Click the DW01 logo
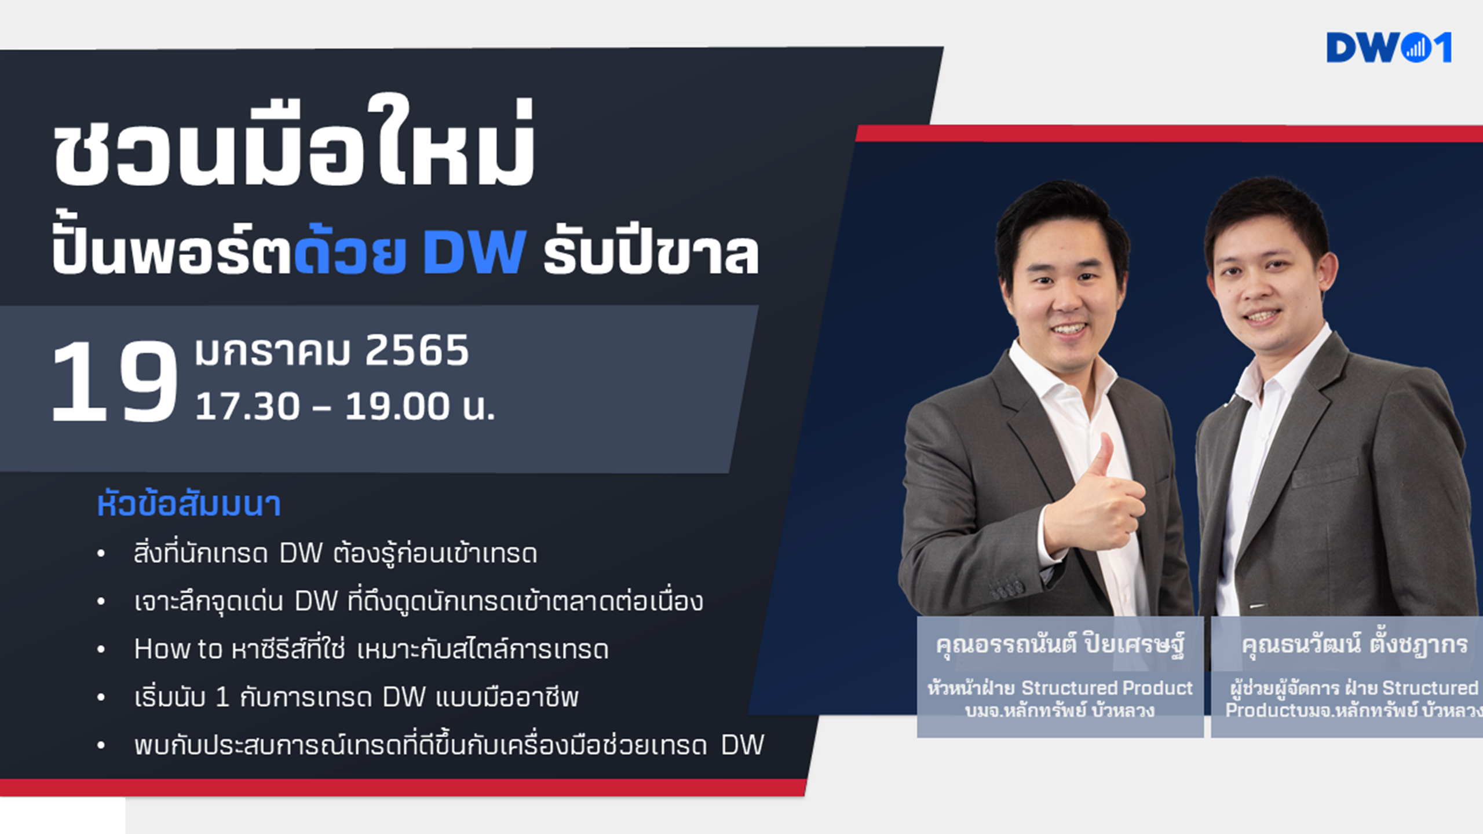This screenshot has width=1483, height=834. (1389, 47)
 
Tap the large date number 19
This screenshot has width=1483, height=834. (115, 382)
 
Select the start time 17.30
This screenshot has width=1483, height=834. (248, 407)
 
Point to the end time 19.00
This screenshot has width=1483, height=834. (397, 407)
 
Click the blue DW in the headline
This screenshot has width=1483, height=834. (474, 252)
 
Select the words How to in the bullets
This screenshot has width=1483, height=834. (178, 649)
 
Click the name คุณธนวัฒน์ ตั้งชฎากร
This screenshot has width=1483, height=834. (1354, 644)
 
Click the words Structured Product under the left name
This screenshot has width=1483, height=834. (1106, 688)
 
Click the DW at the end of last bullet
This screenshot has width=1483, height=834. (743, 745)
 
